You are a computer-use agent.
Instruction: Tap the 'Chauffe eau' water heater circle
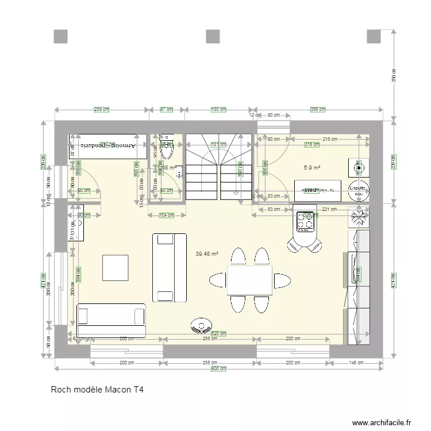tap(359, 191)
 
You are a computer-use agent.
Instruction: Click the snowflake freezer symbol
tap(359, 217)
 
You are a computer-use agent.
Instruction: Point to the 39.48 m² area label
tap(207, 253)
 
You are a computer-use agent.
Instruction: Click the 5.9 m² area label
tap(311, 168)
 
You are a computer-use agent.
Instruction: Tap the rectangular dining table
tap(249, 280)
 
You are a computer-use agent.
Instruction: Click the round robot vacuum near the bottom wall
tap(201, 325)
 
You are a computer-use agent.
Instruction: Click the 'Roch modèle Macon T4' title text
tap(97, 390)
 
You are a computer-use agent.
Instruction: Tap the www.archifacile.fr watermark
tap(382, 422)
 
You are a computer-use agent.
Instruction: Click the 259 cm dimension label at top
tap(102, 109)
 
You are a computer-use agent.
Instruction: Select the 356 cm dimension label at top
tap(318, 109)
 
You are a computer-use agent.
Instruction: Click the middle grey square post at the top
tap(214, 36)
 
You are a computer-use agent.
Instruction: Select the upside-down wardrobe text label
tap(108, 146)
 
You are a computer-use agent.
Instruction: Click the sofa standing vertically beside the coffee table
tap(170, 267)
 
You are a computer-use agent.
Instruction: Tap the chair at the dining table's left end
tap(218, 280)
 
